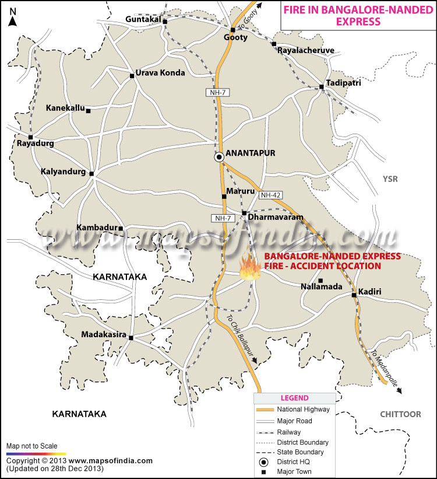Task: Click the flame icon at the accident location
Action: pyautogui.click(x=251, y=269)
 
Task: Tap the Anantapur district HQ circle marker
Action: pyautogui.click(x=219, y=157)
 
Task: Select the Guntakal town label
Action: pyautogui.click(x=142, y=20)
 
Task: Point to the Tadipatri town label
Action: pyautogui.click(x=343, y=83)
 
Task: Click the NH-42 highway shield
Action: pyautogui.click(x=271, y=195)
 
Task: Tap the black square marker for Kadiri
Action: pyautogui.click(x=354, y=295)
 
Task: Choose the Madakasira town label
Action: pyautogui.click(x=104, y=334)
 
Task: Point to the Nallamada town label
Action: pyautogui.click(x=320, y=287)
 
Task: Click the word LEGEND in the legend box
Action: pyautogui.click(x=294, y=398)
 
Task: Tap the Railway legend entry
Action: pyautogui.click(x=290, y=432)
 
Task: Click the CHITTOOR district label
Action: pyautogui.click(x=400, y=414)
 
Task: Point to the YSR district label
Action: pyautogui.click(x=390, y=179)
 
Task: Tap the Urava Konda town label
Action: pyautogui.click(x=160, y=73)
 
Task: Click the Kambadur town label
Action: pyautogui.click(x=97, y=228)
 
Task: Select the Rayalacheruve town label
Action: pyautogui.click(x=306, y=51)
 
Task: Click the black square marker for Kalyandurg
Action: pyautogui.click(x=91, y=173)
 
